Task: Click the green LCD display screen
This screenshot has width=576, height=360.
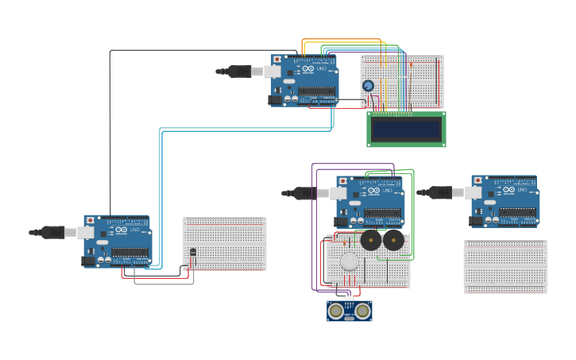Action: (x=406, y=129)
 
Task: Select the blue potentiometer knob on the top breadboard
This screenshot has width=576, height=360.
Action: (x=368, y=86)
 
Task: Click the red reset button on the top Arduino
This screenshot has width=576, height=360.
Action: (x=276, y=60)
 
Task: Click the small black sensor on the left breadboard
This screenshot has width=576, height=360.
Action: (x=193, y=252)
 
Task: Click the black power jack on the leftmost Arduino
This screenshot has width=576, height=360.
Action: (x=87, y=261)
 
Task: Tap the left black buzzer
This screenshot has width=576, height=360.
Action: (x=370, y=240)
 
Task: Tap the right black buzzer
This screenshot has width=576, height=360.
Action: (x=393, y=240)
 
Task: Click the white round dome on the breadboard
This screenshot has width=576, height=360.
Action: (x=350, y=261)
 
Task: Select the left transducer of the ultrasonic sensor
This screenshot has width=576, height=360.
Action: (x=336, y=311)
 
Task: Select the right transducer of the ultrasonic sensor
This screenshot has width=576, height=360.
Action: (x=362, y=311)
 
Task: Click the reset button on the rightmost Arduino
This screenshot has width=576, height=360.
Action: (x=477, y=180)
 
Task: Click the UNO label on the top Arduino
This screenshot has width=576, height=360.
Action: (x=321, y=69)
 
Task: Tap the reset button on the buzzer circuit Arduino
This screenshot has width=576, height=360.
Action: (x=342, y=181)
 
